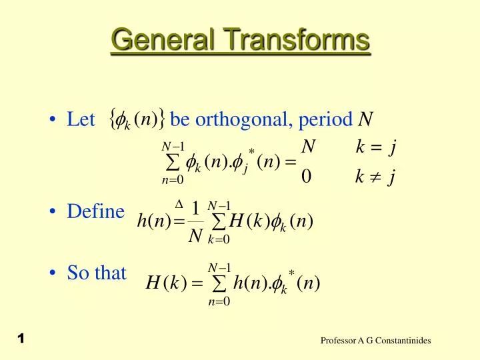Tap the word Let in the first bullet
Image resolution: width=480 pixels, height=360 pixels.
(x=81, y=121)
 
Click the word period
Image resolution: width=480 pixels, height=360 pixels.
(x=327, y=121)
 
